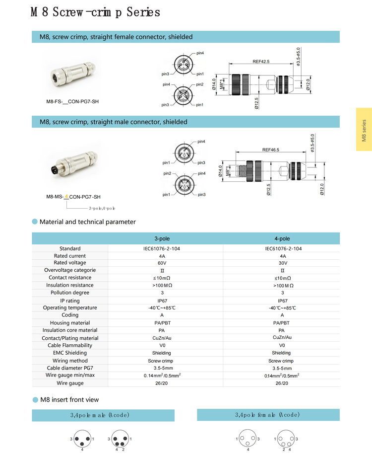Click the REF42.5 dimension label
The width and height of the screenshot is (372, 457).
pyautogui.click(x=261, y=62)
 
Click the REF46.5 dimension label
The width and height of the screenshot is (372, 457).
pyautogui.click(x=271, y=150)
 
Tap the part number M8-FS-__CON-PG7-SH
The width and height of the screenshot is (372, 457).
pyautogui.click(x=72, y=102)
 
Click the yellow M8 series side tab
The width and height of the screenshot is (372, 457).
pyautogui.click(x=364, y=130)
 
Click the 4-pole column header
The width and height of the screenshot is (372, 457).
pyautogui.click(x=282, y=239)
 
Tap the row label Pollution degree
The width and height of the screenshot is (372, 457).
pyautogui.click(x=70, y=293)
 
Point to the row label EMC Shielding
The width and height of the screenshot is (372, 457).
pyautogui.click(x=70, y=353)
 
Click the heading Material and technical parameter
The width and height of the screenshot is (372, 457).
pyautogui.click(x=87, y=222)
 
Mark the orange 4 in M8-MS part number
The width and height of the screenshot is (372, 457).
pyautogui.click(x=66, y=197)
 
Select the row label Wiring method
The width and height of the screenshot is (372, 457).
pyautogui.click(x=70, y=361)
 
